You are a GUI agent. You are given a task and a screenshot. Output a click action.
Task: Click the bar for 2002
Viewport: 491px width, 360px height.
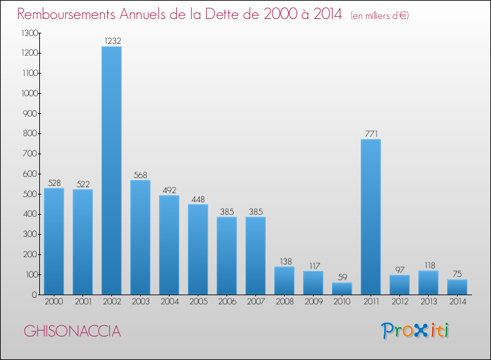[x=111, y=170]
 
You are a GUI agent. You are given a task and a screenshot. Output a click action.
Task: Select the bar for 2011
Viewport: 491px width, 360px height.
[x=371, y=217]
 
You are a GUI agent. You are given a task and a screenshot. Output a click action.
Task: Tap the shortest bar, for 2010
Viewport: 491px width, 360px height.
[x=342, y=288]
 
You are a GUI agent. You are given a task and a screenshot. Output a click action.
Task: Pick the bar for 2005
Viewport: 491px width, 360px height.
[x=198, y=249]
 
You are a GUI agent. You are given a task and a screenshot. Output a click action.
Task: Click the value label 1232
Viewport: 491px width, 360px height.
[x=111, y=41]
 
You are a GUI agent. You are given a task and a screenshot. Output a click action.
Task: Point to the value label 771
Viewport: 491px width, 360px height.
[x=371, y=134]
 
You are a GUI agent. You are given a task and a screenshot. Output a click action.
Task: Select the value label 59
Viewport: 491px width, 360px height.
[x=342, y=277]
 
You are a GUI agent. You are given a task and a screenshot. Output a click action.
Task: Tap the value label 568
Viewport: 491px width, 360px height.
[x=140, y=175]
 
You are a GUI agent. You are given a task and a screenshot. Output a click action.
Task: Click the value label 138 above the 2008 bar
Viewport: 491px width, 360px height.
[x=284, y=261]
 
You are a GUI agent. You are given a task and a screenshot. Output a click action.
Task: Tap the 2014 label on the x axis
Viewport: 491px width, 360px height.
[x=457, y=302]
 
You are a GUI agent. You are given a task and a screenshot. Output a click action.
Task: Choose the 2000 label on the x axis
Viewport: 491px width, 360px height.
[x=54, y=302]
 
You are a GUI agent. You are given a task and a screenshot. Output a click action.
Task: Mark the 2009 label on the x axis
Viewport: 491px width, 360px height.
[x=313, y=302]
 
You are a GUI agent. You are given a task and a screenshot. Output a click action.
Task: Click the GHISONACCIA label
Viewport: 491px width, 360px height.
[x=72, y=331]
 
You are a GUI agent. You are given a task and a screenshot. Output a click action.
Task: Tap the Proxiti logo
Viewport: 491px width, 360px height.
[x=416, y=331]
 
